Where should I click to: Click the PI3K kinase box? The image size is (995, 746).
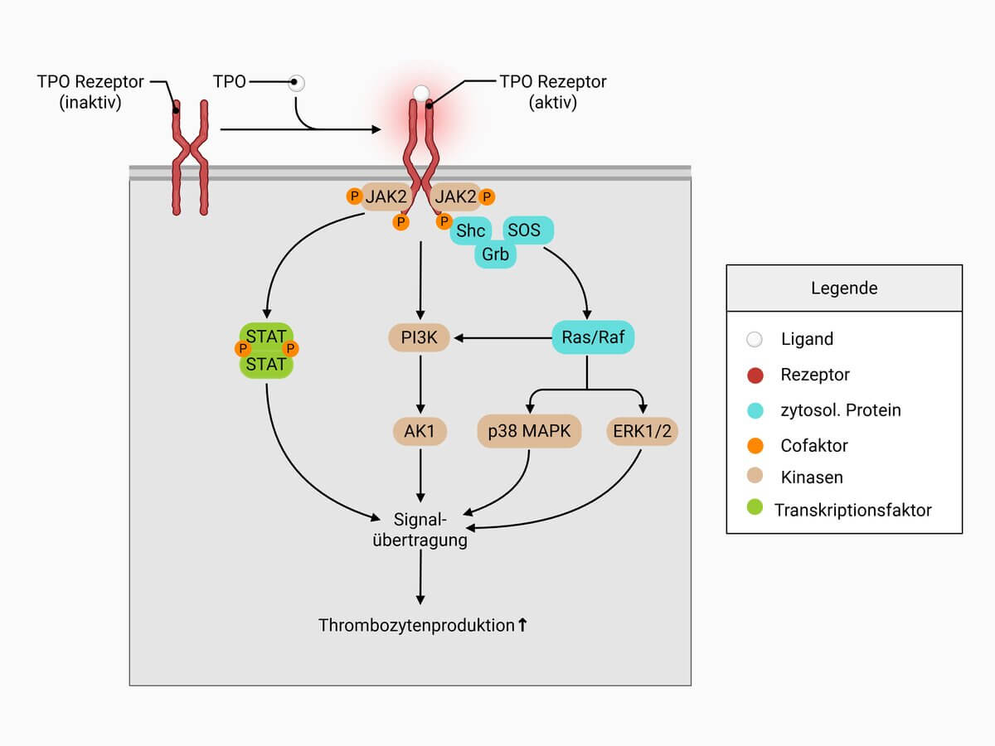point(420,337)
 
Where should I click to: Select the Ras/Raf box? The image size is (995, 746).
point(593,337)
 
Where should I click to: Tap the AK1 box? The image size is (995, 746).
point(420,431)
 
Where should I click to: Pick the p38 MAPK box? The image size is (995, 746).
point(529,431)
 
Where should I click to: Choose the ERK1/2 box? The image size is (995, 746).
point(642,431)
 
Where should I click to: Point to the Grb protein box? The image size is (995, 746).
point(495,254)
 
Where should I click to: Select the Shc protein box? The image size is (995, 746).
point(471,231)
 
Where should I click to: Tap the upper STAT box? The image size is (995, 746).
point(266,336)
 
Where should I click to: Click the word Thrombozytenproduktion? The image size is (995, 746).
point(416,626)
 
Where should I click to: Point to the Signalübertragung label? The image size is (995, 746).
point(421,530)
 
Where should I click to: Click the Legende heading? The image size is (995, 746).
point(844,288)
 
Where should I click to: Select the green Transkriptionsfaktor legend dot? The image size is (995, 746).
point(755,509)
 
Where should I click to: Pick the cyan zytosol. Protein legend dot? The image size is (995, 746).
point(755,410)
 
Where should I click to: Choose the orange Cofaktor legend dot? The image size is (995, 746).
point(755,445)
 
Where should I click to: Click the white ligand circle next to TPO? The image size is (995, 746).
point(296,83)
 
